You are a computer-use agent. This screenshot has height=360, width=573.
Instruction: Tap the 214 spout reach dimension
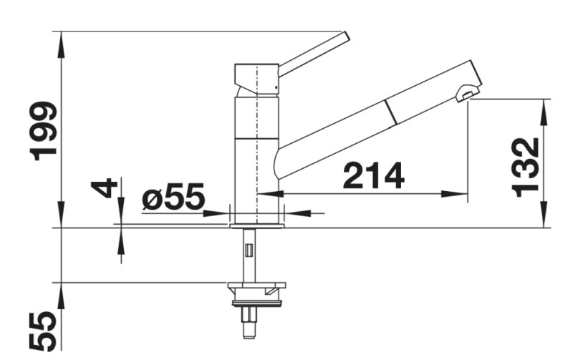coord(373,175)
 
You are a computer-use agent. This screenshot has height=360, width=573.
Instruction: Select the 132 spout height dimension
coord(525,167)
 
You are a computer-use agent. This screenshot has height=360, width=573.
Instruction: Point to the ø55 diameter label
coord(173,196)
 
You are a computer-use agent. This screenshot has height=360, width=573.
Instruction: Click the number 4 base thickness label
coord(103,188)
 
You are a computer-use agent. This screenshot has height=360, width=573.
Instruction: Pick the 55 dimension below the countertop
coord(43,331)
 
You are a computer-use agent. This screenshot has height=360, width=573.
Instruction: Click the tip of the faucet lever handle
coord(345,36)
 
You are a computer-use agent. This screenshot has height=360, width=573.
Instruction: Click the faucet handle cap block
coord(256,79)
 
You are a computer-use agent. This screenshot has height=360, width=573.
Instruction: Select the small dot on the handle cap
coord(275,87)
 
